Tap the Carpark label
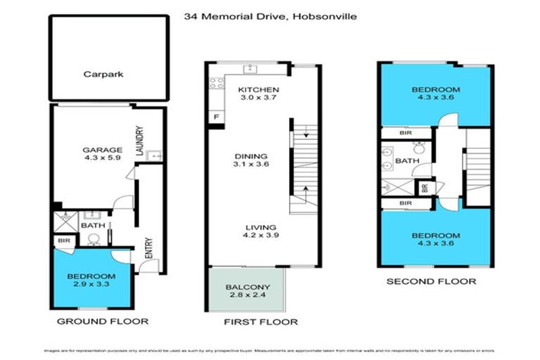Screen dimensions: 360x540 103,74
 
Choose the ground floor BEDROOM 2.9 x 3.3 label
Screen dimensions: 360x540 91,281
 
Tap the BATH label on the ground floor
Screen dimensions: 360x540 93,226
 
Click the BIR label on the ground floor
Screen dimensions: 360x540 61,240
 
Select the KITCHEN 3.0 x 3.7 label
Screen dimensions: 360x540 258,94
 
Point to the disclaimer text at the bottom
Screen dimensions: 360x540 270,349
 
